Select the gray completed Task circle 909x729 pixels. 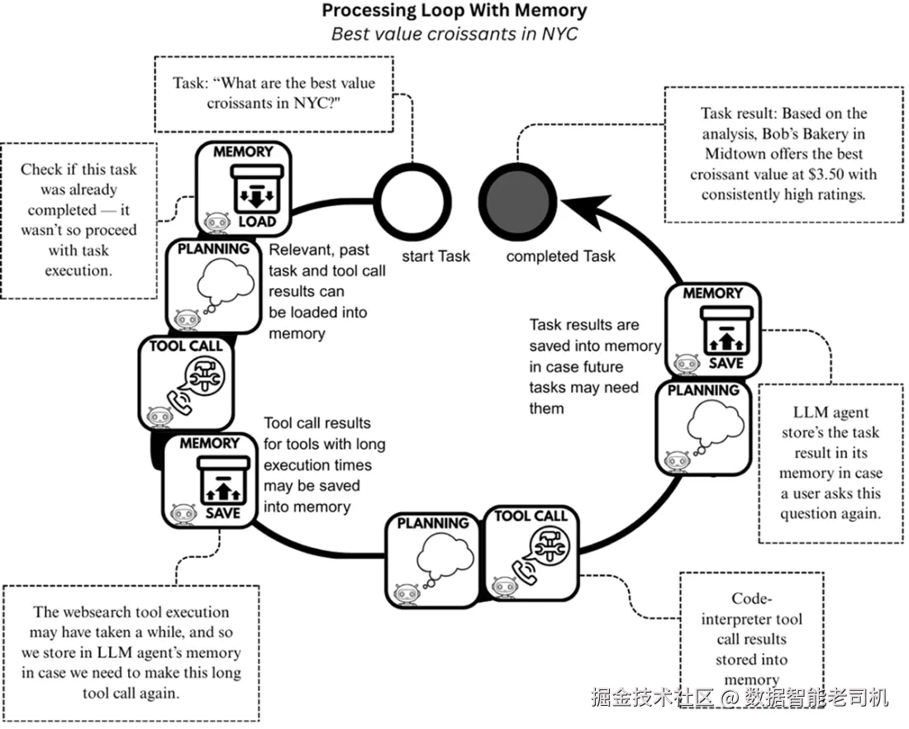[x=517, y=201]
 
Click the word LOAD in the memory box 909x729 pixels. [x=257, y=222]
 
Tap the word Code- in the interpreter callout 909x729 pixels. [x=751, y=598]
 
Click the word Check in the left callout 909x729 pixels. [x=41, y=169]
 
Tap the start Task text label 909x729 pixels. [x=435, y=256]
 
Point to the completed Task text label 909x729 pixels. [x=560, y=256]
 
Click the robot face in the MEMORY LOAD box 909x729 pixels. [x=216, y=222]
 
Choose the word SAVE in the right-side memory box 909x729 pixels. [x=726, y=363]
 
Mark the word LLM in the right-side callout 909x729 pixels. [x=805, y=412]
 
